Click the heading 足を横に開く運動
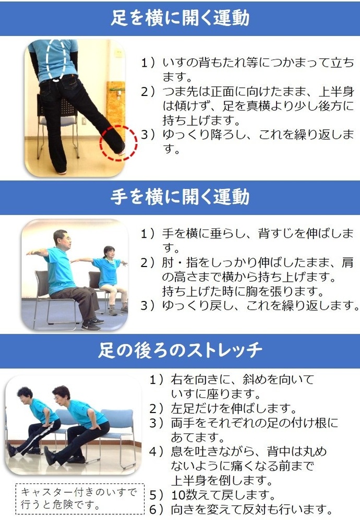pyautogui.click(x=180, y=18)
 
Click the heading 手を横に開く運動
pyautogui.click(x=180, y=197)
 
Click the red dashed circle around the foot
pyautogui.click(x=118, y=142)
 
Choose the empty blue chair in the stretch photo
pyautogui.click(x=117, y=428)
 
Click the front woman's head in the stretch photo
pyautogui.click(x=60, y=395)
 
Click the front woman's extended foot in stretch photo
pyautogui.click(x=49, y=455)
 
